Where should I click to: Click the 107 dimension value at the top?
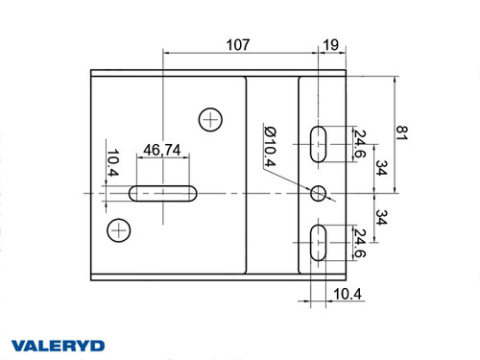point(238,44)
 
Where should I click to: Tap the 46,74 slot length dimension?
point(162,150)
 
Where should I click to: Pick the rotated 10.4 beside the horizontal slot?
point(112,163)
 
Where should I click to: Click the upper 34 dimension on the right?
point(382,169)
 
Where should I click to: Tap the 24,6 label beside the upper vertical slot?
point(359,144)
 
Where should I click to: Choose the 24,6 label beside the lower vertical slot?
point(359,243)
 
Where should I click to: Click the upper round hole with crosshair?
point(210,119)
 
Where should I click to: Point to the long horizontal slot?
point(164,194)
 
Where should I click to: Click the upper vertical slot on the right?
point(320,144)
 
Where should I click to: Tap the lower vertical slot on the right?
point(320,243)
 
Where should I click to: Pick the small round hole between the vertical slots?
point(320,193)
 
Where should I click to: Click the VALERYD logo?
point(58,345)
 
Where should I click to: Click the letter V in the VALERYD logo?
point(18,345)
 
